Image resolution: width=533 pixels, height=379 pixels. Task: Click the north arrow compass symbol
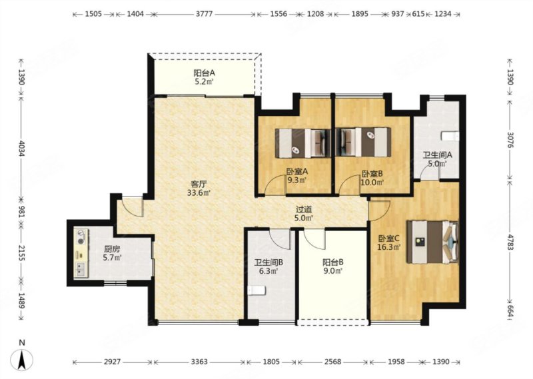(22, 359)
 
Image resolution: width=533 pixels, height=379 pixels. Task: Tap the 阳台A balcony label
(204, 77)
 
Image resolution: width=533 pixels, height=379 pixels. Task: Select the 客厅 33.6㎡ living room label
(199, 189)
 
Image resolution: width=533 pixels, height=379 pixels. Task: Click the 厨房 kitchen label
(112, 253)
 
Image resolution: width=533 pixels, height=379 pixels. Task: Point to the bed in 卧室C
(432, 242)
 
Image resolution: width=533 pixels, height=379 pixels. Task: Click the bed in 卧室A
(303, 143)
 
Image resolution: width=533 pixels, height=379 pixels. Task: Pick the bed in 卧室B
(363, 143)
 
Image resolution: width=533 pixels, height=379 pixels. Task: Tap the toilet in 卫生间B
(257, 290)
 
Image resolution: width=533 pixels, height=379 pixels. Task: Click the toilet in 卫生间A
(450, 137)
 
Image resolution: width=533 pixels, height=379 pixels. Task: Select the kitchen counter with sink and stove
(81, 254)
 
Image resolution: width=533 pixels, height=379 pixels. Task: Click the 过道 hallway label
(304, 214)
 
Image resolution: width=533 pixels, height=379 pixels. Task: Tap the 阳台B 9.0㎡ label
(332, 266)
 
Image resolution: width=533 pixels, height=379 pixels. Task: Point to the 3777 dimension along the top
(205, 14)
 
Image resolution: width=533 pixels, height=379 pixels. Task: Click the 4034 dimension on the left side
(22, 149)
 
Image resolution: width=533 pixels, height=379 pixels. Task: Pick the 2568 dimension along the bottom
(332, 362)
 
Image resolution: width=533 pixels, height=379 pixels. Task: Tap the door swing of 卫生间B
(280, 239)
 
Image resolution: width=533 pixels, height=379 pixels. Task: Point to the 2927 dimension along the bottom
(112, 362)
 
